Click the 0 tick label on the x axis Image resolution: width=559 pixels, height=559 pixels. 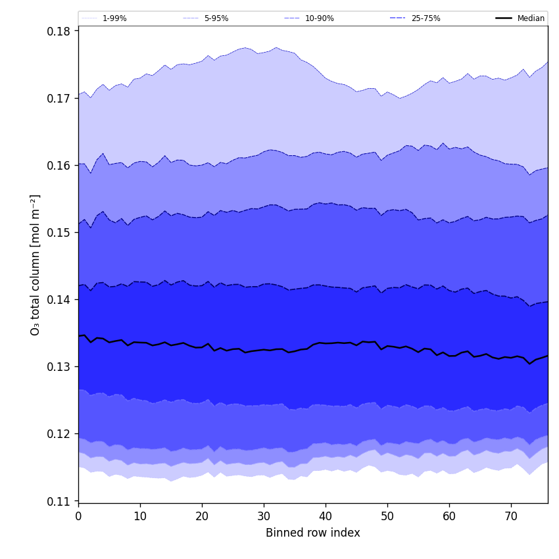78,517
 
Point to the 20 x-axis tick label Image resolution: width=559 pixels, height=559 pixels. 202,517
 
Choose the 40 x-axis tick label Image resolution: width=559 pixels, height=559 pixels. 326,517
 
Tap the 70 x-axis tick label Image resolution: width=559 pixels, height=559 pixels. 511,517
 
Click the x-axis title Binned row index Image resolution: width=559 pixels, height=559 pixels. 313,533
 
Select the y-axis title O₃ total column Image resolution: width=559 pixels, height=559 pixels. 36,264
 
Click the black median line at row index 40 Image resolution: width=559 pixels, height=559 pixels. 326,343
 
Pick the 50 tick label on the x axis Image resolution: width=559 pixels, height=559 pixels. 387,517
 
